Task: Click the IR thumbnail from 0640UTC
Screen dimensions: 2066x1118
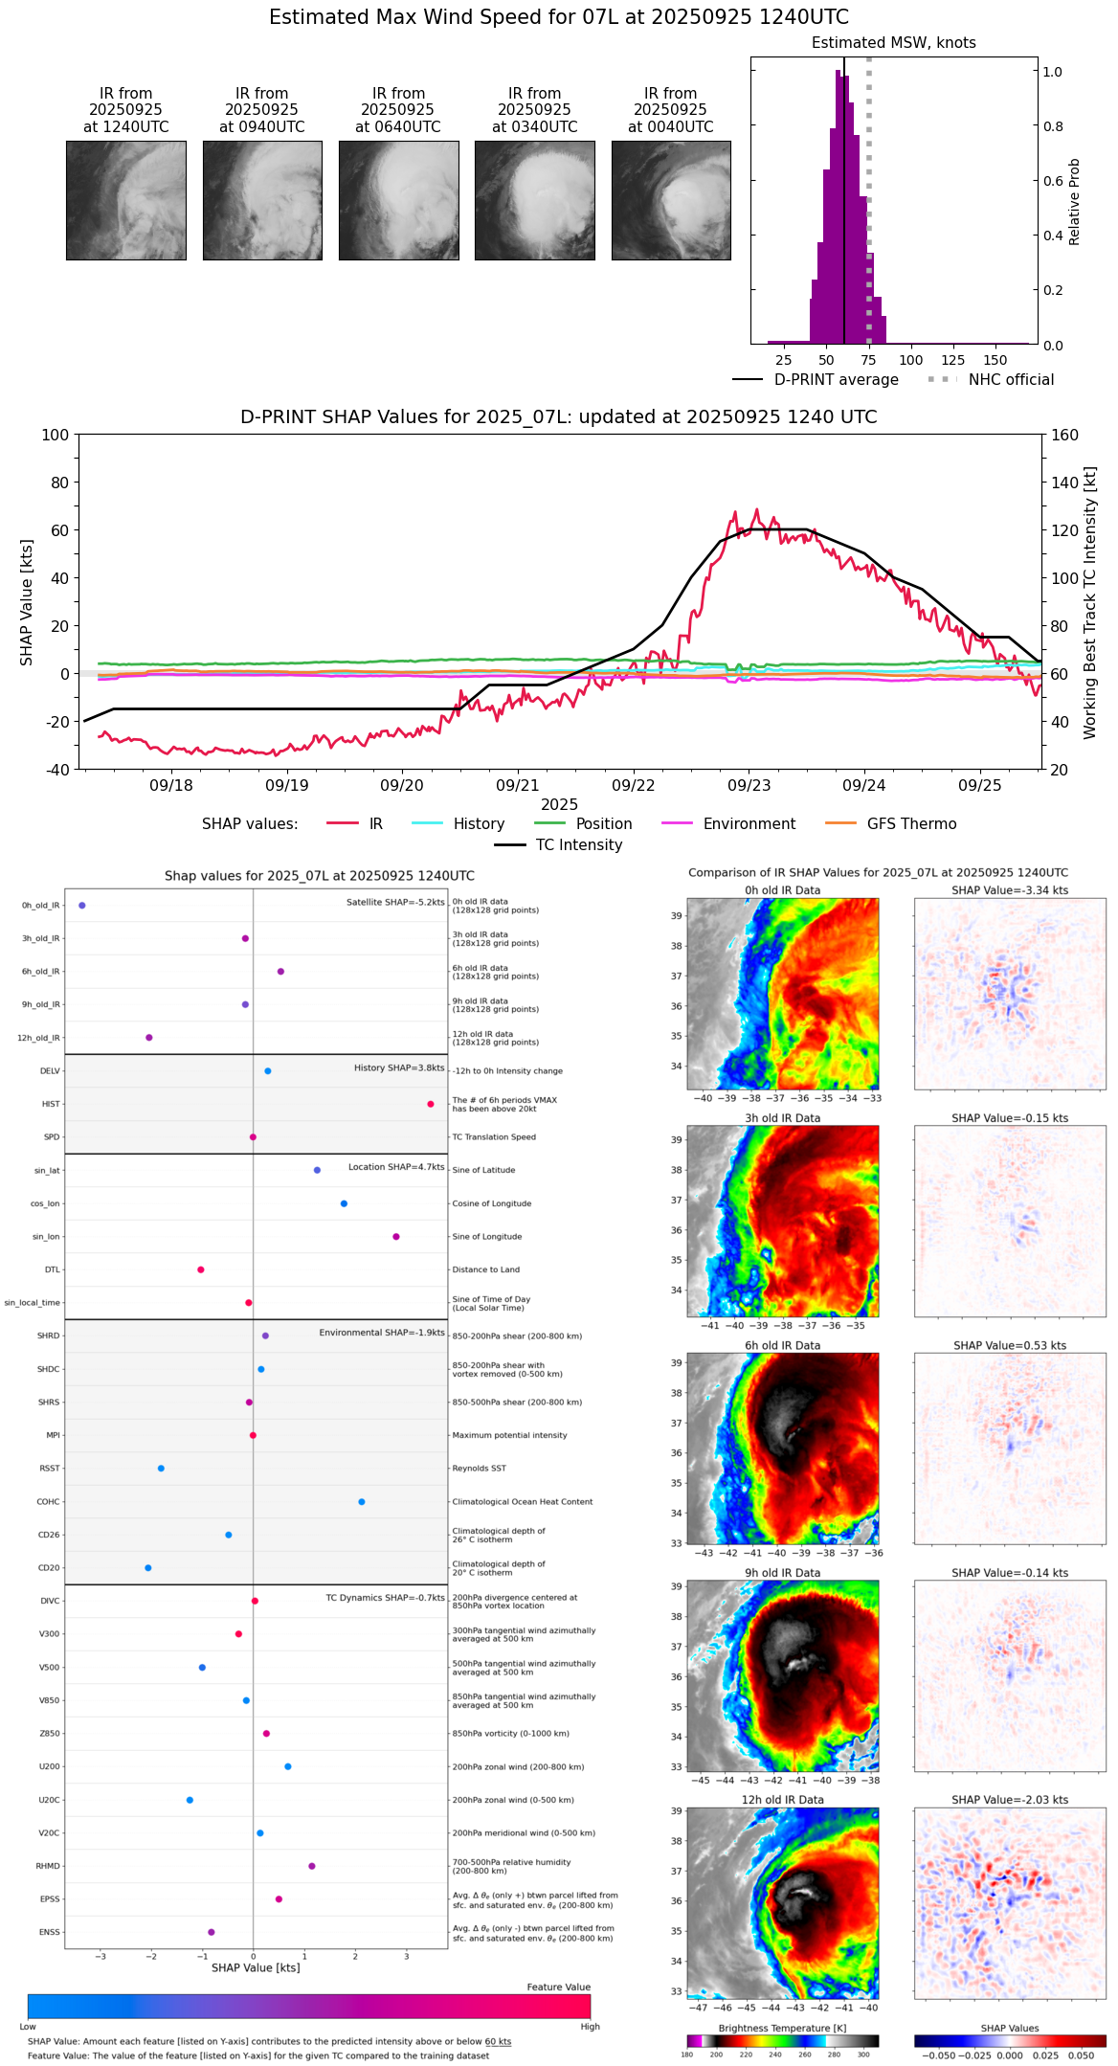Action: click(398, 200)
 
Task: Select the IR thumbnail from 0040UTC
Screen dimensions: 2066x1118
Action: click(671, 200)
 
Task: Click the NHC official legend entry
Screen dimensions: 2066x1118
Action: click(1011, 380)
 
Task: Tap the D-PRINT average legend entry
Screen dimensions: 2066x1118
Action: click(836, 380)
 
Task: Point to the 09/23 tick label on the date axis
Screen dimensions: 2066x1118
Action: click(749, 785)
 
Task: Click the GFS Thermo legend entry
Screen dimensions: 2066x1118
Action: click(911, 824)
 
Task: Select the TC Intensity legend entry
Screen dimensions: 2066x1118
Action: click(578, 845)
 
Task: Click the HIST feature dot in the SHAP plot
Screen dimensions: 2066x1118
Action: click(431, 1104)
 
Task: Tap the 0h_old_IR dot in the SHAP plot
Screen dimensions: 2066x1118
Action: click(82, 905)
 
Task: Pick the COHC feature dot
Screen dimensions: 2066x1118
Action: click(362, 1501)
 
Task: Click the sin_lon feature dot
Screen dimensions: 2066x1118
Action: click(396, 1236)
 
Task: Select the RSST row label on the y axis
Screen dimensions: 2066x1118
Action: click(49, 1469)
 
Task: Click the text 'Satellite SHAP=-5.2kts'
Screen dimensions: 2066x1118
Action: click(395, 902)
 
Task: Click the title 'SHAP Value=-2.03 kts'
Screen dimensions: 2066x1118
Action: click(1010, 1800)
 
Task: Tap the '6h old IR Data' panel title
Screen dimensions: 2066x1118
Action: click(782, 1345)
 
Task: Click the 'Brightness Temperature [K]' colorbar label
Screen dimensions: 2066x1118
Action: click(782, 2028)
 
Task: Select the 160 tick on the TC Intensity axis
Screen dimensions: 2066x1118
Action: click(1064, 435)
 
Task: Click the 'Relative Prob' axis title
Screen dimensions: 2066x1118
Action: click(1075, 202)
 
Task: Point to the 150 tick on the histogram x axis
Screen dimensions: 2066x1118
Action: click(995, 360)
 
